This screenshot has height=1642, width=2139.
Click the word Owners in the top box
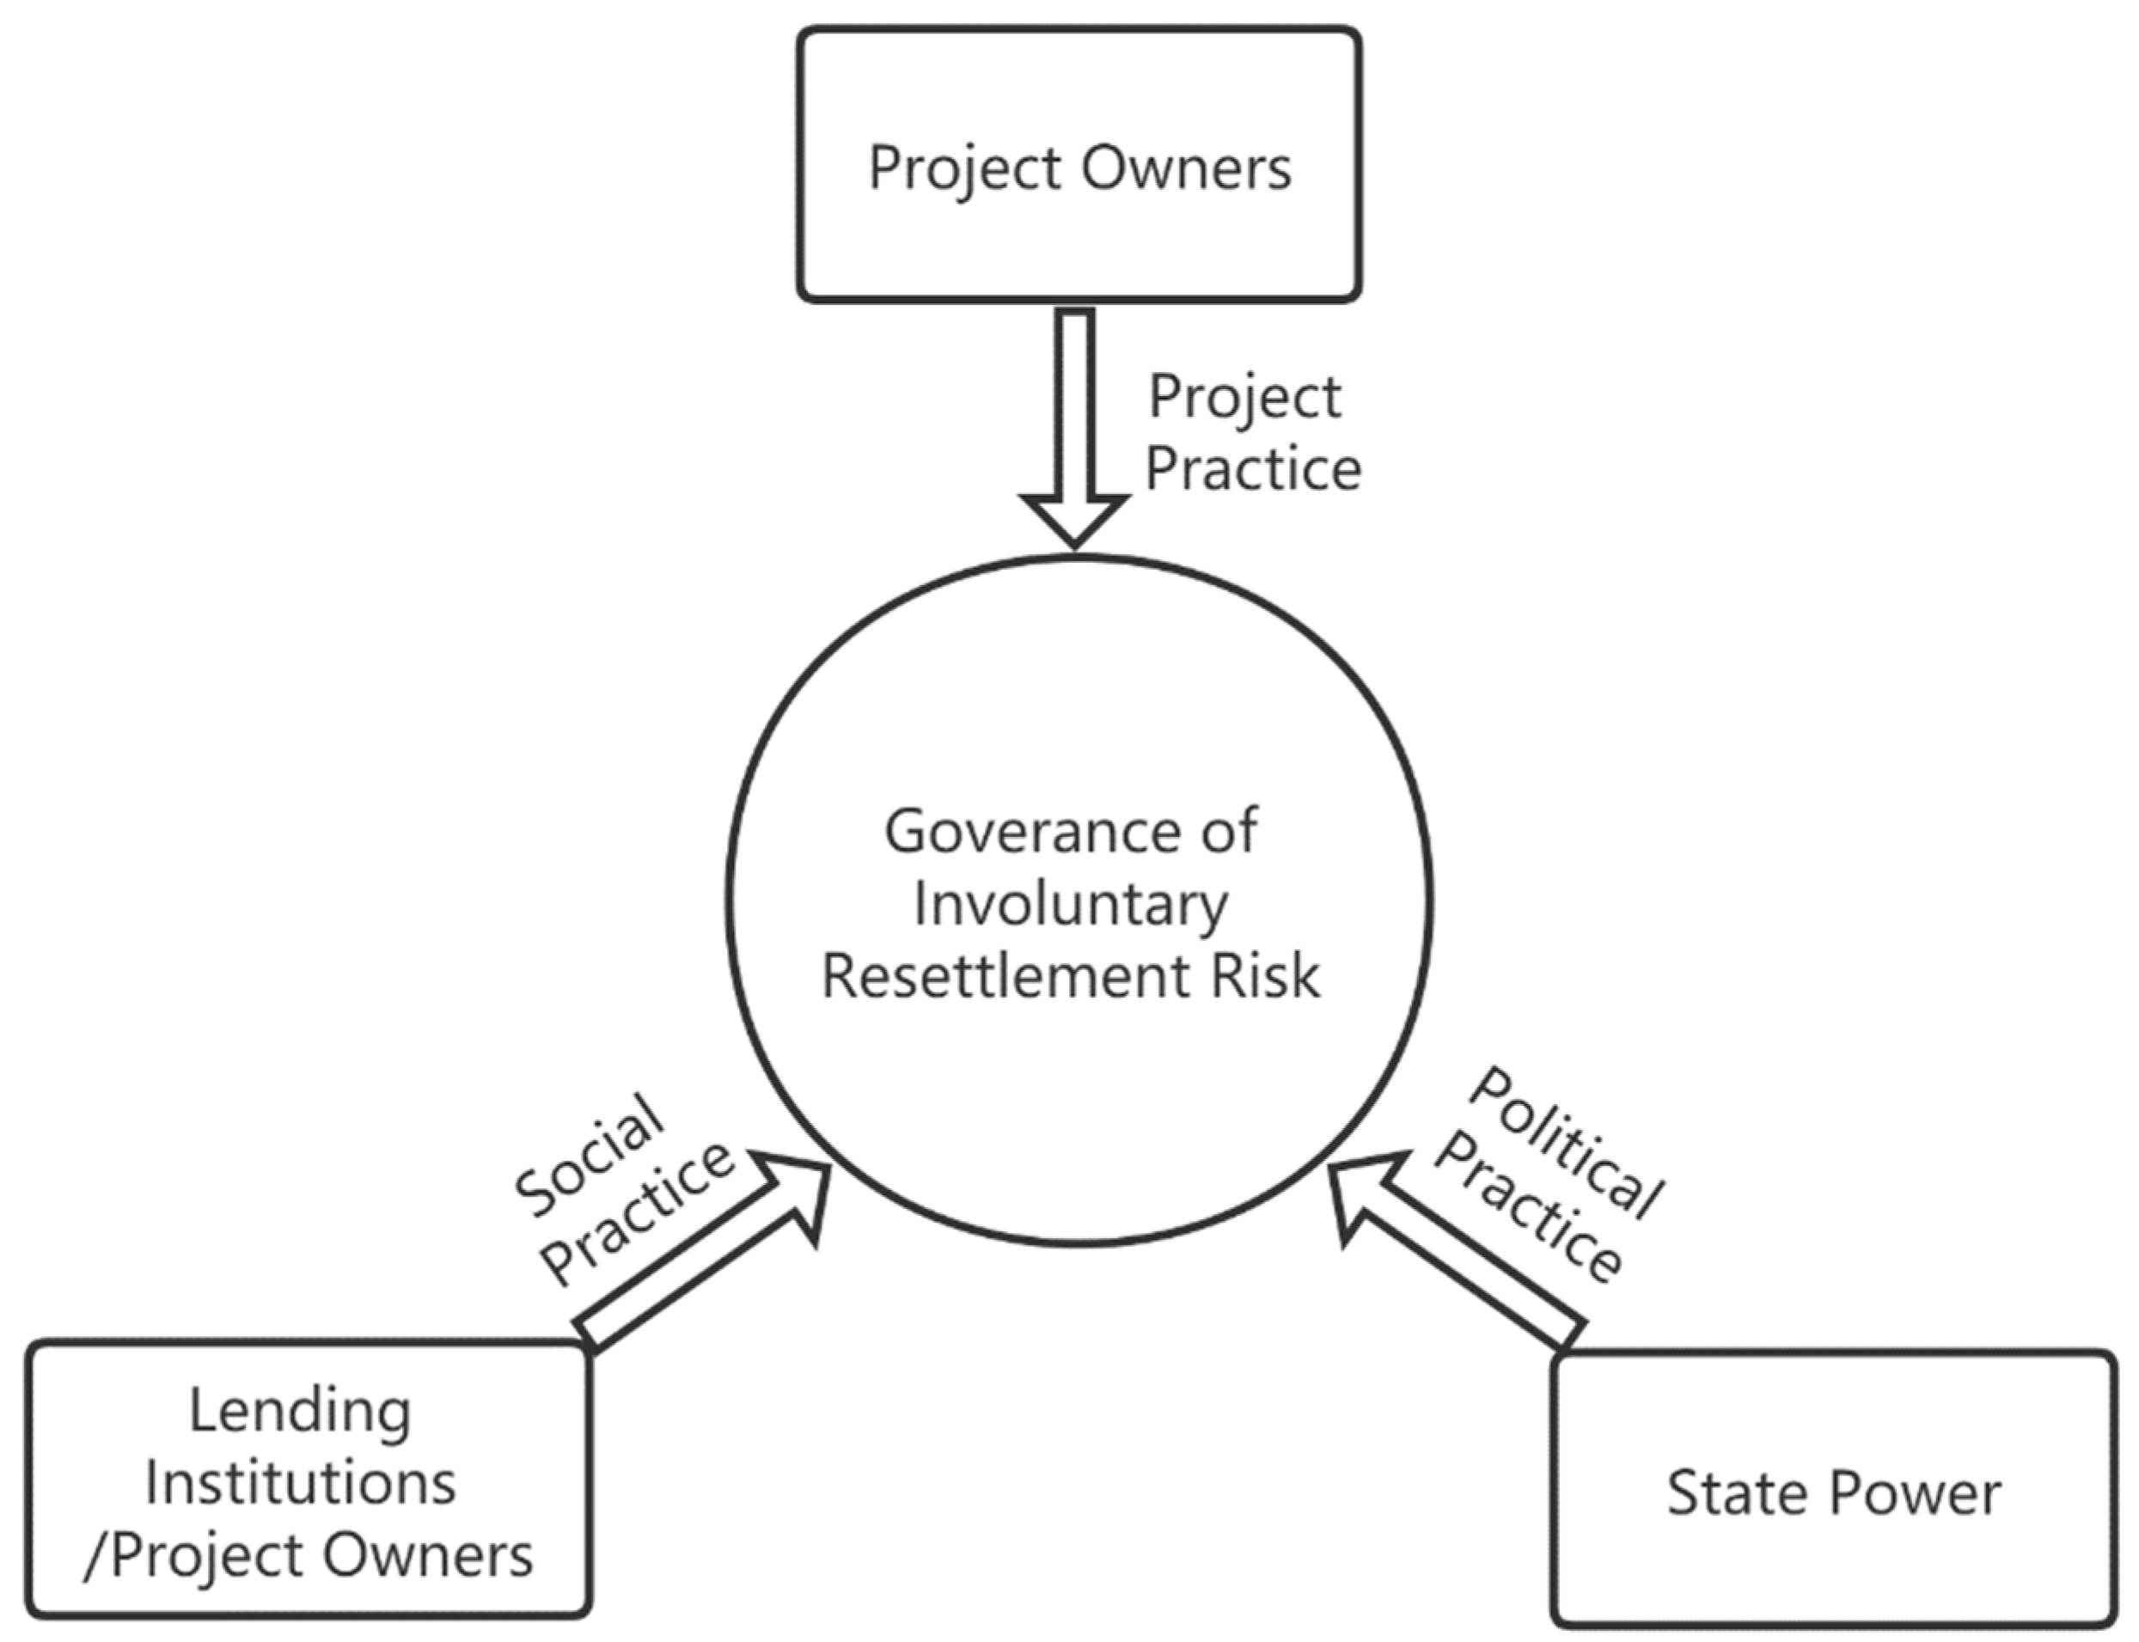coord(1186,168)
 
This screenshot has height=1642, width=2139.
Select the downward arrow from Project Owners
coord(1075,420)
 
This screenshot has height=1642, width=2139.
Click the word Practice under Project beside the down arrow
coord(1253,468)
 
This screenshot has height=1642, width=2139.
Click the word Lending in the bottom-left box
coord(299,1413)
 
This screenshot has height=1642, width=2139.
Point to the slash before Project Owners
coord(94,1556)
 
